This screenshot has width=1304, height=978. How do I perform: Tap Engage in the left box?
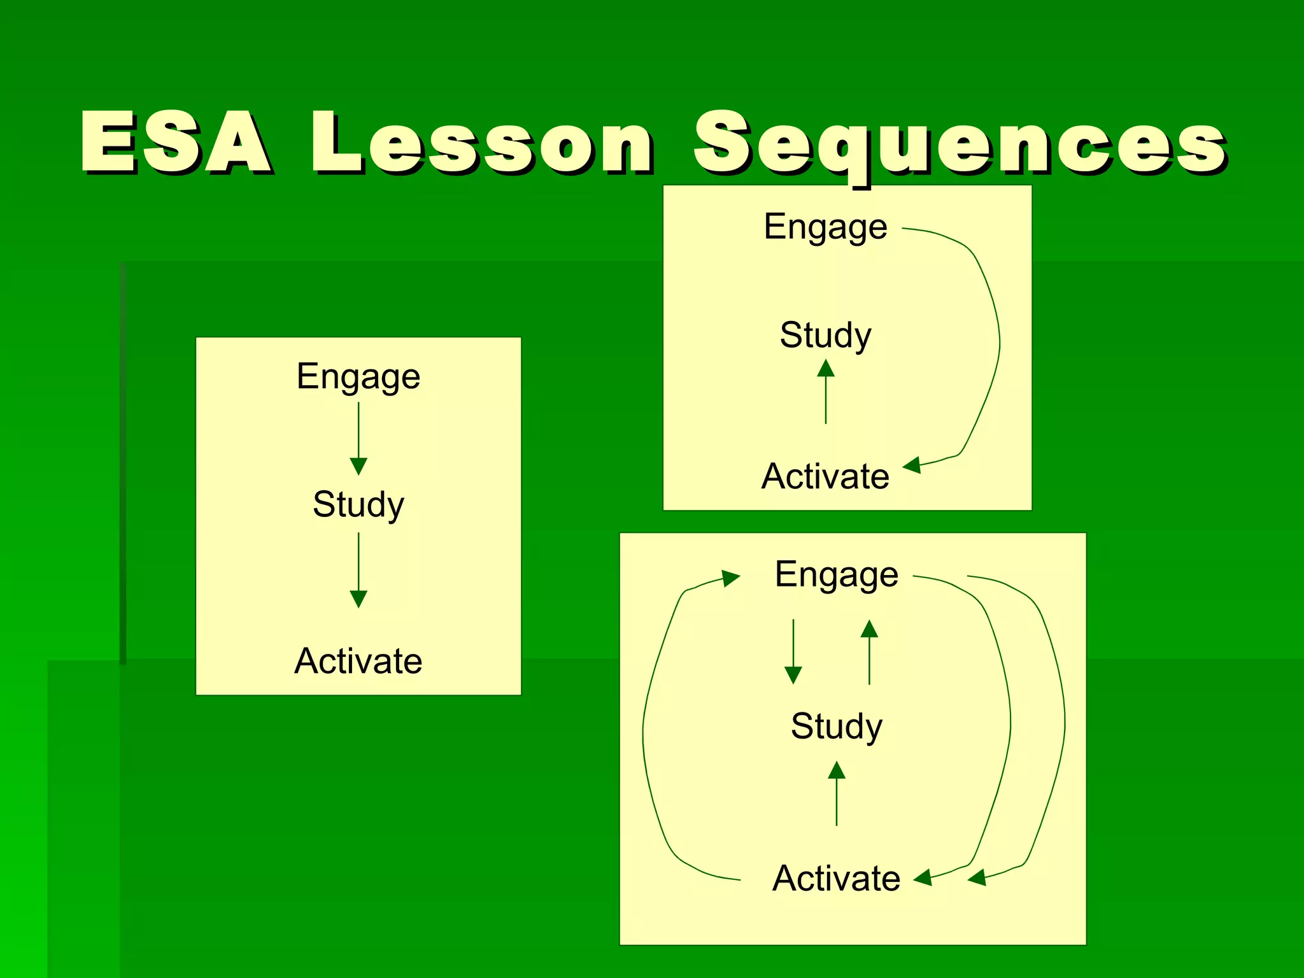pyautogui.click(x=358, y=376)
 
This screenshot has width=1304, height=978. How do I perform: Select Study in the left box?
pyautogui.click(x=358, y=504)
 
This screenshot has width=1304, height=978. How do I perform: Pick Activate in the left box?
pyautogui.click(x=358, y=660)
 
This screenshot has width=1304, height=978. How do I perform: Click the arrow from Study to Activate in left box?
pyautogui.click(x=358, y=569)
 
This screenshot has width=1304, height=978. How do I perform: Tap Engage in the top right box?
pyautogui.click(x=826, y=227)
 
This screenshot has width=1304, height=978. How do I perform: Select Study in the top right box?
pyautogui.click(x=826, y=335)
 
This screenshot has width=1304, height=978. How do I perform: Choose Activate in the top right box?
pyautogui.click(x=826, y=476)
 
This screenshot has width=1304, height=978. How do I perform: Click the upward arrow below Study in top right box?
pyautogui.click(x=826, y=391)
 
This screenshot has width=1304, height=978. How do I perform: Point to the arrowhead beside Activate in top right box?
pyautogui.click(x=912, y=465)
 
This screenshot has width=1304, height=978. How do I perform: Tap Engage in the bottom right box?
pyautogui.click(x=837, y=574)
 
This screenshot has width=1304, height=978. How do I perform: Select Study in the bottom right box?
pyautogui.click(x=837, y=726)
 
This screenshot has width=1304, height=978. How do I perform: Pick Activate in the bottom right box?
pyautogui.click(x=837, y=878)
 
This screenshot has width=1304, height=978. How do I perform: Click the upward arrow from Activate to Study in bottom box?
pyautogui.click(x=837, y=793)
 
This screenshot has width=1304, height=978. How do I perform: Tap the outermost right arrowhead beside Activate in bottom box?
pyautogui.click(x=977, y=878)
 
